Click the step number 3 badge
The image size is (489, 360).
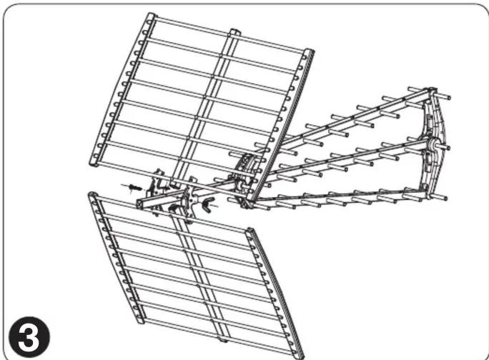29,337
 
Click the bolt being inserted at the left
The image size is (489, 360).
134,188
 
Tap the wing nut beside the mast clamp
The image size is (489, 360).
208,204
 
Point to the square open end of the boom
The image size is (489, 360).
140,204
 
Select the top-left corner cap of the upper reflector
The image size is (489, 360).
152,16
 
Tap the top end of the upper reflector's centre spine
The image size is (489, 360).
234,32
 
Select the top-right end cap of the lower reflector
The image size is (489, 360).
250,231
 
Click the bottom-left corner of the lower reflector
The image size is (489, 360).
139,320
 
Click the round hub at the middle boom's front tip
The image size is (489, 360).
433,144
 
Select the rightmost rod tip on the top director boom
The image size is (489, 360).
448,97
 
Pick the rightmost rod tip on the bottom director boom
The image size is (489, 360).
445,198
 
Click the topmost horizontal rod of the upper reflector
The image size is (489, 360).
230,34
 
